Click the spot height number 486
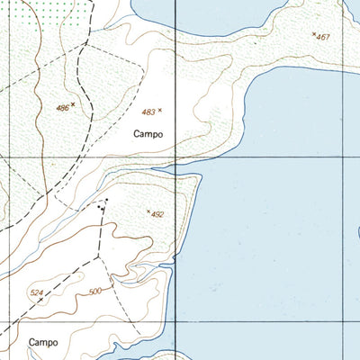tap(62, 108)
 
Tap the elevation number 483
tap(148, 112)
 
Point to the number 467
tap(324, 37)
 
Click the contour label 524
tap(37, 293)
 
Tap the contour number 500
tap(96, 292)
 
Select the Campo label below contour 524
tap(42, 342)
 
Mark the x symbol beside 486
tap(73, 104)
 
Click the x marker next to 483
tap(161, 111)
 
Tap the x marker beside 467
tap(313, 34)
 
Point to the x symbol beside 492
tap(148, 211)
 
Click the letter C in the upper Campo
tap(135, 135)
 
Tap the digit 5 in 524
tap(33, 293)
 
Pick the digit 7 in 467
tap(328, 37)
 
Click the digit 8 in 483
tap(148, 112)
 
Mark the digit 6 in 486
tap(66, 108)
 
